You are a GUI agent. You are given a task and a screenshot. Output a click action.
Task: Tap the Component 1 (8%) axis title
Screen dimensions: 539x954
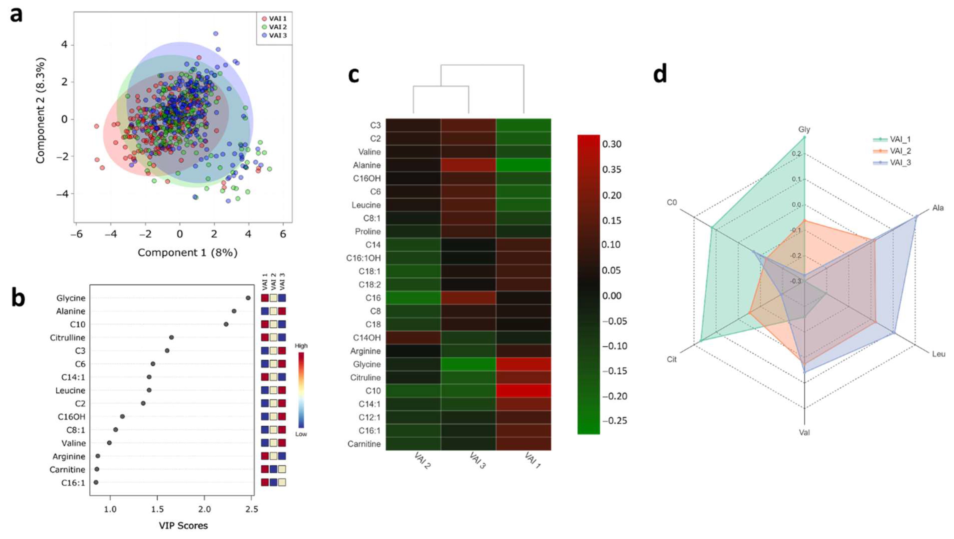coord(187,253)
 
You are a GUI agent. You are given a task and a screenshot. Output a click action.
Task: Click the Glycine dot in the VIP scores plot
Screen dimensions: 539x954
coord(248,298)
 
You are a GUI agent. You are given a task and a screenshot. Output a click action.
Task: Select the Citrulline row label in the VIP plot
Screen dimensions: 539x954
coord(67,338)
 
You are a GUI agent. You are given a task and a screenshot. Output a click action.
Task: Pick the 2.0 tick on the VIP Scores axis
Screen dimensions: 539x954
coord(204,509)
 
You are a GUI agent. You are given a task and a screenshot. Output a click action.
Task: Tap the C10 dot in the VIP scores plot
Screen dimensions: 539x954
coord(226,324)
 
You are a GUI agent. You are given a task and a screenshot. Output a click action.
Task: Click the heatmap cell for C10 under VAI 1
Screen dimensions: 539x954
coord(523,391)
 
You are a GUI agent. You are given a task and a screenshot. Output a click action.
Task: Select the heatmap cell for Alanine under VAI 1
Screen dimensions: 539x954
coord(523,165)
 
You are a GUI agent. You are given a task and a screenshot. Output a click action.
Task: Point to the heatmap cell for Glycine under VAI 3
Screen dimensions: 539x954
coord(468,364)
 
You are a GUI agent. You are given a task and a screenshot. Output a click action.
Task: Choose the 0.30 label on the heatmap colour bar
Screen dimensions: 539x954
coord(612,144)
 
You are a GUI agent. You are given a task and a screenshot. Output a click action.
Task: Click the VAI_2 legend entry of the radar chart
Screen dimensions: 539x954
coord(900,151)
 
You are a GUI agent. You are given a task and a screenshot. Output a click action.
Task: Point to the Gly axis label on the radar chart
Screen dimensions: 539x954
coord(804,129)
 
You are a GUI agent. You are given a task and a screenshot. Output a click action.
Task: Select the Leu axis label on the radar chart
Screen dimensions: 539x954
coord(938,354)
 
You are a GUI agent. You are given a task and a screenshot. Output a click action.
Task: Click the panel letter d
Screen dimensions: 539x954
coord(660,74)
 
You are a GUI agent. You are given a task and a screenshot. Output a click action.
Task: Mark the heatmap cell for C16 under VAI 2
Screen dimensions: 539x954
coord(413,298)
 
